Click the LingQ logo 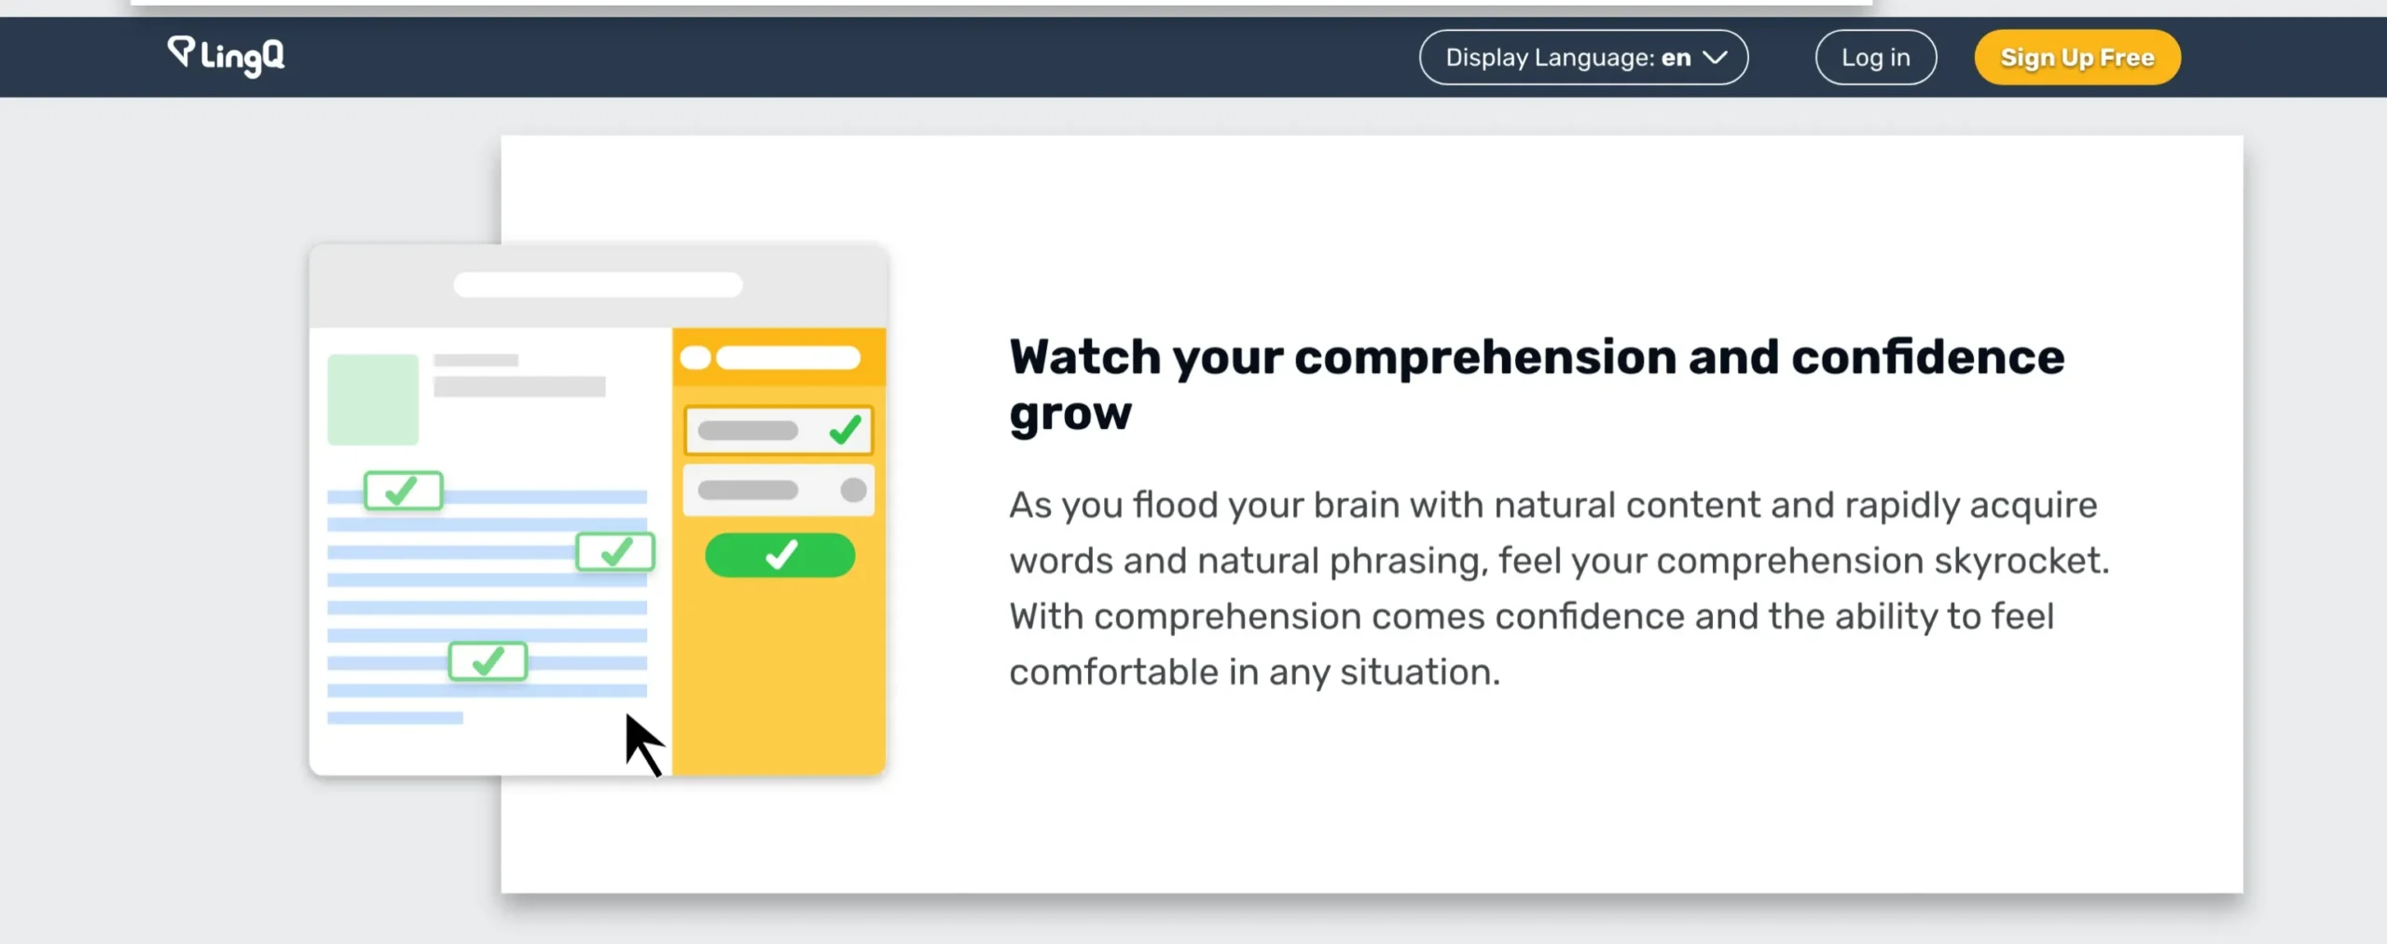tap(227, 56)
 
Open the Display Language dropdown tap(1583, 57)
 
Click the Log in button tap(1875, 57)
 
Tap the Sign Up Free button tap(2077, 57)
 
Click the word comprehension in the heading tap(1485, 358)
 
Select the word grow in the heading tap(1070, 413)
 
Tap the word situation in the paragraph tap(1420, 672)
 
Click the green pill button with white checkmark tap(780, 555)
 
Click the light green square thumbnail tap(373, 399)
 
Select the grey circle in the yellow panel tap(853, 490)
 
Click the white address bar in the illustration tap(598, 285)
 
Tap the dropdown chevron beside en tap(1715, 58)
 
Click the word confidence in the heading tap(1927, 357)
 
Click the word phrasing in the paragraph tap(1407, 562)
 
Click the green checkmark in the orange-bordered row tap(845, 430)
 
